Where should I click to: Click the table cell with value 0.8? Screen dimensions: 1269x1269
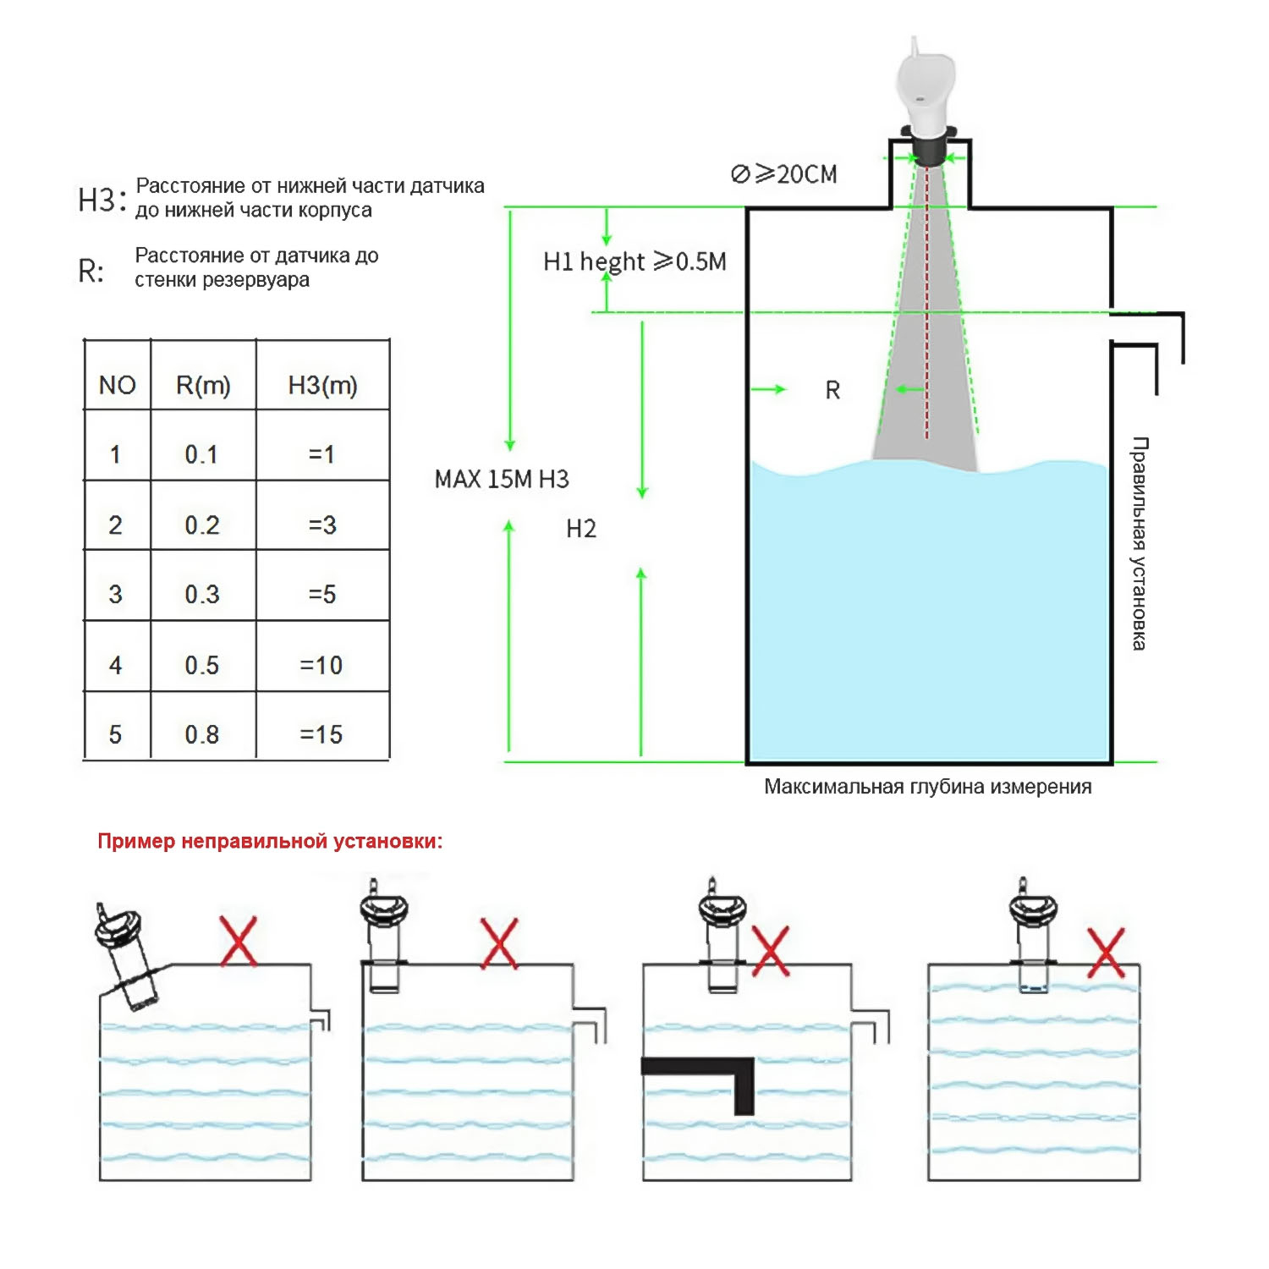[x=202, y=734]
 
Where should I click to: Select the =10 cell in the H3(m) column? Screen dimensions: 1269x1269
[x=321, y=665]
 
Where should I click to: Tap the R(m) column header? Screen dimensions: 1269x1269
[x=203, y=385]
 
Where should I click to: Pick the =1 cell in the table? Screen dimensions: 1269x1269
[x=321, y=454]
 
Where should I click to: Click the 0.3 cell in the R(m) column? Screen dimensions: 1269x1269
[x=202, y=594]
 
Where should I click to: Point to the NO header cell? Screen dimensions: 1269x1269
[x=117, y=385]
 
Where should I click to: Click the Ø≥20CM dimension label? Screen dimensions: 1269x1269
[x=783, y=174]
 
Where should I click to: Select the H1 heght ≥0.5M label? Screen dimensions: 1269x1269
[x=634, y=261]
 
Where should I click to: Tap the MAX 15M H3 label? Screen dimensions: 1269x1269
[x=502, y=479]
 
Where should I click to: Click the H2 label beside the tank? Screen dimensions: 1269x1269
[x=581, y=529]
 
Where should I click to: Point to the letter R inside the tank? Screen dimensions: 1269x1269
[x=832, y=390]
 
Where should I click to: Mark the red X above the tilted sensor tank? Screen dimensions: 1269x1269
[x=239, y=940]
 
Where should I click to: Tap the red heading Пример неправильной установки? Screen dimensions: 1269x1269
[x=270, y=841]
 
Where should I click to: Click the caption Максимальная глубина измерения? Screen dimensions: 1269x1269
[x=927, y=786]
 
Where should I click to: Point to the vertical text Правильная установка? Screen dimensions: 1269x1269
[x=1140, y=543]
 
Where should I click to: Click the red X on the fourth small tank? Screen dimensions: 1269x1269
[x=1106, y=953]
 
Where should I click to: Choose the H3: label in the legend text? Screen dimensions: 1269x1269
[x=102, y=200]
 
